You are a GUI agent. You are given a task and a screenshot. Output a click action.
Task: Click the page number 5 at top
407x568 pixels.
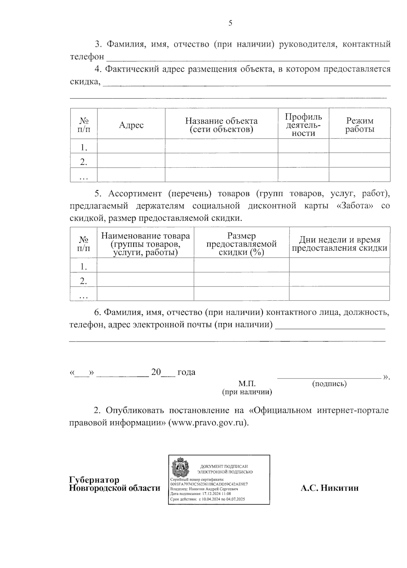click(230, 23)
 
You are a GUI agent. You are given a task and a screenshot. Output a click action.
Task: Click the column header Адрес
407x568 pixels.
click(131, 125)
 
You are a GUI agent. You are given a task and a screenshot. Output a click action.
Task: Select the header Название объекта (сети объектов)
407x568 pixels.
click(221, 125)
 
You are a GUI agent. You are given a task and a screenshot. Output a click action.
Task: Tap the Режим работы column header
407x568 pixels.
click(360, 125)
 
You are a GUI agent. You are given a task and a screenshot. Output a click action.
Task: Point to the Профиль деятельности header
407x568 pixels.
click(303, 125)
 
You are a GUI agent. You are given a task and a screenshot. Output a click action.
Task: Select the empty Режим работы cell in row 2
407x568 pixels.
click(360, 161)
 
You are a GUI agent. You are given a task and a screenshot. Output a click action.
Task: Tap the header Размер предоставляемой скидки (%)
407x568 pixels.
click(241, 244)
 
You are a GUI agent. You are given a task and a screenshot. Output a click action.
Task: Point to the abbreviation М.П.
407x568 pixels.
click(247, 384)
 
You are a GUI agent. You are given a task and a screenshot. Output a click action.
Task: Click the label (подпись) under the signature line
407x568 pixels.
click(329, 384)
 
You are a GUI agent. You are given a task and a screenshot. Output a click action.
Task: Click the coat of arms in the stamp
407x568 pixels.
click(180, 468)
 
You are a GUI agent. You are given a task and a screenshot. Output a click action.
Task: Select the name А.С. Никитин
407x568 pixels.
click(329, 488)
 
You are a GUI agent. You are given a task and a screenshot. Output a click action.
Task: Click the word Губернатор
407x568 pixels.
click(94, 480)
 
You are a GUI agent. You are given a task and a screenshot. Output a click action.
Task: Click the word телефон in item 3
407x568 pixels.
click(87, 57)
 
